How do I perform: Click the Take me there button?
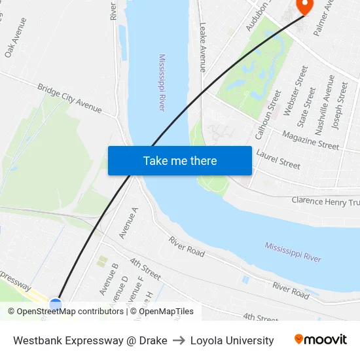[x=180, y=160]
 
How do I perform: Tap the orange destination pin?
[x=304, y=6]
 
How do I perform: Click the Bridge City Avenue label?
[x=69, y=98]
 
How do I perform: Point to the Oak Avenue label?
[x=16, y=37]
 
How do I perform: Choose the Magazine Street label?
[x=310, y=139]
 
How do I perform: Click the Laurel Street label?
[x=279, y=159]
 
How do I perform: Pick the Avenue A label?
[x=128, y=223]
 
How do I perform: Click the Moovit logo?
[x=320, y=340]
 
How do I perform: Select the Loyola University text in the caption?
[x=232, y=340]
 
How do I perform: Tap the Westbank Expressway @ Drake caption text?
[x=90, y=340]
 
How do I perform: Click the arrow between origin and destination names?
[x=179, y=340]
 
